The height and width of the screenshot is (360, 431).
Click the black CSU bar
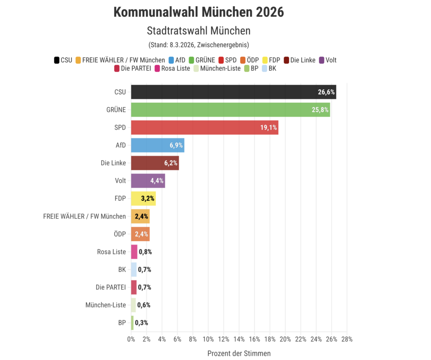pyautogui.click(x=223, y=92)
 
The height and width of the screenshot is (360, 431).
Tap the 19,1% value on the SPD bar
pyautogui.click(x=268, y=128)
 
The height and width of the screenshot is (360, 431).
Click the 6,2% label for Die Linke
pyautogui.click(x=171, y=163)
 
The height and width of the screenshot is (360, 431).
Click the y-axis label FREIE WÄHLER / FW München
pyautogui.click(x=84, y=216)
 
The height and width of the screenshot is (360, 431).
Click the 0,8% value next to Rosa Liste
pyautogui.click(x=145, y=252)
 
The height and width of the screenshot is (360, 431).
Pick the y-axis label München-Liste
pyautogui.click(x=105, y=305)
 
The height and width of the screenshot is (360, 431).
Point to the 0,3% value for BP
pyautogui.click(x=141, y=323)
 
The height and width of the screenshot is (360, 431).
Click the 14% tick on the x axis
pyautogui.click(x=239, y=339)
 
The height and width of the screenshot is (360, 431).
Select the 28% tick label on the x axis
pyautogui.click(x=347, y=339)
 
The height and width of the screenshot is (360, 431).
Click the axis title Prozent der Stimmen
pyautogui.click(x=239, y=353)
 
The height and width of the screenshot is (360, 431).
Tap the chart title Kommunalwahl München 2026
pyautogui.click(x=199, y=12)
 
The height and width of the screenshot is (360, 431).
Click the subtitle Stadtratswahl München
pyautogui.click(x=199, y=31)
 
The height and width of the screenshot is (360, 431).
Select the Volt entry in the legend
pyautogui.click(x=328, y=60)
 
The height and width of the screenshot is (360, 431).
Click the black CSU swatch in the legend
pyautogui.click(x=56, y=60)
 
